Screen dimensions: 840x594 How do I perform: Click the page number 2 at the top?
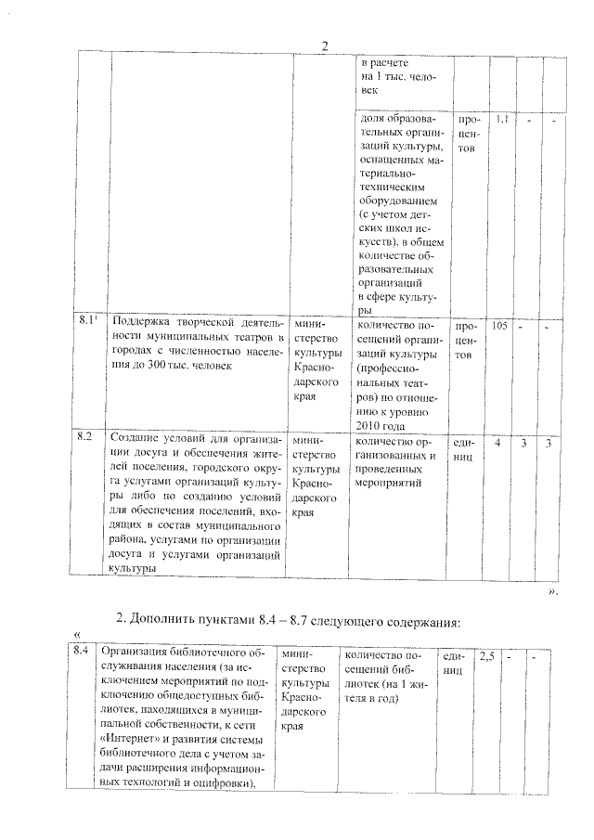click(324, 47)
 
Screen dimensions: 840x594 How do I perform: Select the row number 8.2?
click(84, 434)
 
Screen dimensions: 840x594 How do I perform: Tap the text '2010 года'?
click(381, 424)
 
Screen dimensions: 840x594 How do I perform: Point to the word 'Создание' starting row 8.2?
click(138, 436)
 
